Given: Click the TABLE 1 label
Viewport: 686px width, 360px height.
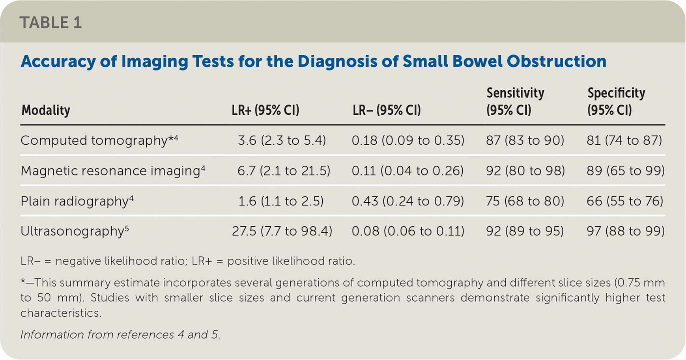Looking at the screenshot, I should [x=50, y=22].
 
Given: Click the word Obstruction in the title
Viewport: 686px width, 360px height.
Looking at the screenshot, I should [x=556, y=62].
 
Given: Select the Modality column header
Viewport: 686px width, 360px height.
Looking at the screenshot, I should [x=46, y=110].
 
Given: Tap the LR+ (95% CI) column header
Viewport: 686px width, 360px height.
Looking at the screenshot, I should [x=265, y=110].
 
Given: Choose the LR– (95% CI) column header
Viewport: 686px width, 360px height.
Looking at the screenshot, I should [x=387, y=110].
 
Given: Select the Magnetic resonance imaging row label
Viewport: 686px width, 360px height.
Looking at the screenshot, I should [x=112, y=171].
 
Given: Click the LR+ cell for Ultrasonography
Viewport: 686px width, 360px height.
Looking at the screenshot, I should [x=282, y=231].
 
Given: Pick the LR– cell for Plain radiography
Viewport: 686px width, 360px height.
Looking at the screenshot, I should [x=407, y=201].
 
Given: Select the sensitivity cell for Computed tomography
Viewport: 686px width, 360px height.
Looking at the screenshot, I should [x=525, y=140].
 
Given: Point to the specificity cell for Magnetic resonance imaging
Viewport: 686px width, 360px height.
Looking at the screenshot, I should [x=625, y=171].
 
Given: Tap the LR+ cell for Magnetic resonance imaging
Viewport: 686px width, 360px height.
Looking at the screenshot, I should [x=283, y=171].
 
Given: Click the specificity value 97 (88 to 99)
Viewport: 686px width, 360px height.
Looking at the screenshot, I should [x=625, y=231].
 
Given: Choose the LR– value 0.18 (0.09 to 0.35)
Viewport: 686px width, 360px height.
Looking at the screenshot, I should [x=407, y=140].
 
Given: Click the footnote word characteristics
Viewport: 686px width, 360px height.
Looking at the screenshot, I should [x=61, y=313].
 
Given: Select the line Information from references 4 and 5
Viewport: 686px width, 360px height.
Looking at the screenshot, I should [x=120, y=335].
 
